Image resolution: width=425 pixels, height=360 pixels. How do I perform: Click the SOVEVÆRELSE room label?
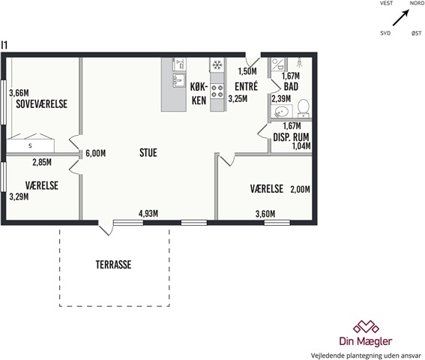click(x=42, y=104)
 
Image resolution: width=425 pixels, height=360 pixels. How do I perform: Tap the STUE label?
click(x=148, y=153)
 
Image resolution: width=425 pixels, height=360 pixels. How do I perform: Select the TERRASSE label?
click(x=114, y=265)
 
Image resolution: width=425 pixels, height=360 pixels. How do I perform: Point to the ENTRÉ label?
click(x=247, y=86)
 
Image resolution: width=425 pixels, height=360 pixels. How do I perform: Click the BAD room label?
click(x=291, y=86)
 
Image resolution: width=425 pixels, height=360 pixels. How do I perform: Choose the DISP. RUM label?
click(x=291, y=137)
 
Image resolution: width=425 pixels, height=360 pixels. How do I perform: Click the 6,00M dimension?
click(x=96, y=154)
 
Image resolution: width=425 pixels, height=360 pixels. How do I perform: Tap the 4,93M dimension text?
click(x=148, y=214)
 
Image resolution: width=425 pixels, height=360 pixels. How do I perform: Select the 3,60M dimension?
click(x=265, y=214)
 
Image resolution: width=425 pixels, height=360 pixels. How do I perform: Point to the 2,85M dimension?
click(x=42, y=162)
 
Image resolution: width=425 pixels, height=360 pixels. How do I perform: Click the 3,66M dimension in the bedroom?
click(x=19, y=93)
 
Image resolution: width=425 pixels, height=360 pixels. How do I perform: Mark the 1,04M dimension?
click(x=301, y=146)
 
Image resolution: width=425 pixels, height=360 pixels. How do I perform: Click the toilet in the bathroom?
click(x=304, y=108)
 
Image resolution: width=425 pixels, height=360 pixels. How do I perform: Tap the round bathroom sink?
click(x=281, y=112)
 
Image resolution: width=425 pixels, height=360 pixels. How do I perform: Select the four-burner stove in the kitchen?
click(x=217, y=91)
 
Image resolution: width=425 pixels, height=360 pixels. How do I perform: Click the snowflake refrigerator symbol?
click(x=217, y=64)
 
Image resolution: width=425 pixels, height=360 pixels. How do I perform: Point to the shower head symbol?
click(x=300, y=62)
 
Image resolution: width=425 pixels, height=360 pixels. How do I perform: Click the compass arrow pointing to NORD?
click(x=401, y=18)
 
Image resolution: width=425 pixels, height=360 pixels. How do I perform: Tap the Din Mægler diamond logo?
click(x=366, y=327)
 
